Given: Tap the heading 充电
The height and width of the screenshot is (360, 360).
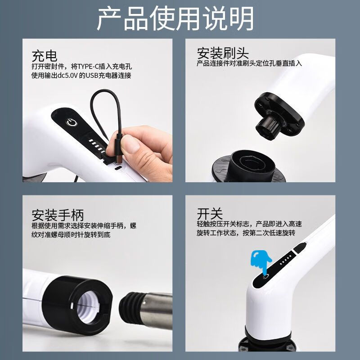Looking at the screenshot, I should click(44, 56).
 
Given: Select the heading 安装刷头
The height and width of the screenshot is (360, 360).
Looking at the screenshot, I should click(223, 53).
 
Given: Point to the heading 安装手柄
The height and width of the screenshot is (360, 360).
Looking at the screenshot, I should click(58, 215).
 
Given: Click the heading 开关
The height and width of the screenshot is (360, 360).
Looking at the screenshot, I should click(210, 213).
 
